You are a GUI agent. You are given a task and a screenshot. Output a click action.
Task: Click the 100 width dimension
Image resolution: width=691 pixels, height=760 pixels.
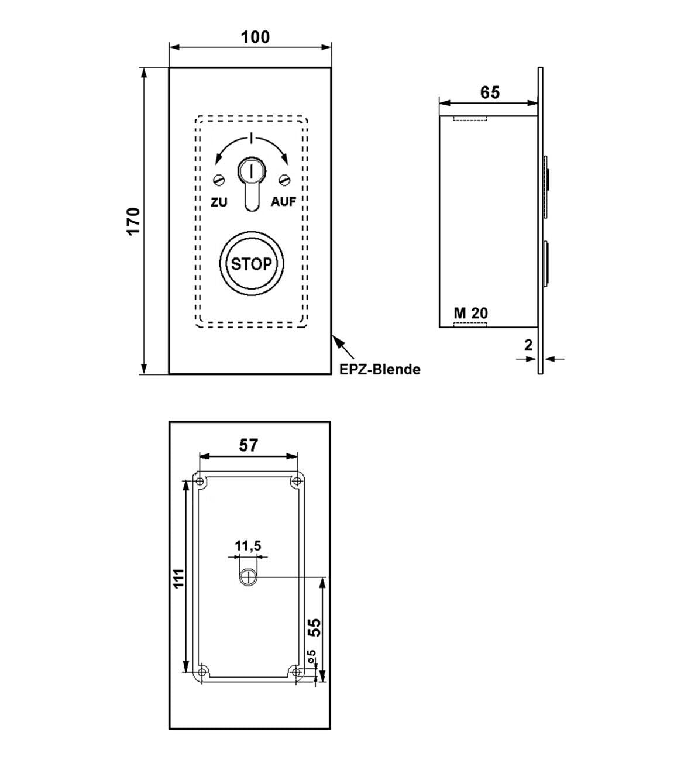(x=256, y=37)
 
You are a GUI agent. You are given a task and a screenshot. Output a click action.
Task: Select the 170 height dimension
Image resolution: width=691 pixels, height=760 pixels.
(x=134, y=221)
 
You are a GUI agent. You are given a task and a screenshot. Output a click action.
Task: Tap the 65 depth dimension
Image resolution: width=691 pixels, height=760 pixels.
(x=490, y=92)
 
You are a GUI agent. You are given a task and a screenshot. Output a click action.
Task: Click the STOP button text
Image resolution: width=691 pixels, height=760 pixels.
(x=252, y=264)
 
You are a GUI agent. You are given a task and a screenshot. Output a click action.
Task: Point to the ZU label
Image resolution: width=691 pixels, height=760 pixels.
(x=219, y=202)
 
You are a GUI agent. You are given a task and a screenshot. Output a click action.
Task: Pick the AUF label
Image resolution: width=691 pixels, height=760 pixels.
(x=283, y=202)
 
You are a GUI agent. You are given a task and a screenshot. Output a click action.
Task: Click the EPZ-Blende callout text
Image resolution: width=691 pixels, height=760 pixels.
(x=380, y=369)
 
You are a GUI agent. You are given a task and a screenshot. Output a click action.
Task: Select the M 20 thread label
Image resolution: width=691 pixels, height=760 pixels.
(x=470, y=313)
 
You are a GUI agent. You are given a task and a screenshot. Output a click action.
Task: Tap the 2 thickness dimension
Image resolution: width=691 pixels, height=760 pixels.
(x=528, y=345)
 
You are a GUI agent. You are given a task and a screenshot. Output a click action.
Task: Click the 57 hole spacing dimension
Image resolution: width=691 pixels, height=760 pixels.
(x=249, y=445)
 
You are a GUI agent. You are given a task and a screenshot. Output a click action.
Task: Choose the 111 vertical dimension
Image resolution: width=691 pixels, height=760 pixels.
(x=179, y=578)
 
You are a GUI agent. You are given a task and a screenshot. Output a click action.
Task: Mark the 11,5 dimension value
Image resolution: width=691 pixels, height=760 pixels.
(x=248, y=546)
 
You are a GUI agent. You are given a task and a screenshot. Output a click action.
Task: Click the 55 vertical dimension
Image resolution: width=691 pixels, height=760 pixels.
(x=314, y=627)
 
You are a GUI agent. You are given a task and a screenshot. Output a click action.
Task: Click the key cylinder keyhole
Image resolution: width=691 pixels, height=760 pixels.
(x=251, y=171)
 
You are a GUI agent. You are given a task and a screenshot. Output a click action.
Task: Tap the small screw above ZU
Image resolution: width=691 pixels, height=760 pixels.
(x=219, y=179)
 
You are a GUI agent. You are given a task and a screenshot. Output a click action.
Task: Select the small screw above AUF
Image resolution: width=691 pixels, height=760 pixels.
(x=285, y=179)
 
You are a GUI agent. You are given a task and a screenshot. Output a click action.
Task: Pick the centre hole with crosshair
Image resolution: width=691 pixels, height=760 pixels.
(x=249, y=578)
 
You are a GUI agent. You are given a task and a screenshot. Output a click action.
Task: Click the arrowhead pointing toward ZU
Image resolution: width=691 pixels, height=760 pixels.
(x=218, y=160)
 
